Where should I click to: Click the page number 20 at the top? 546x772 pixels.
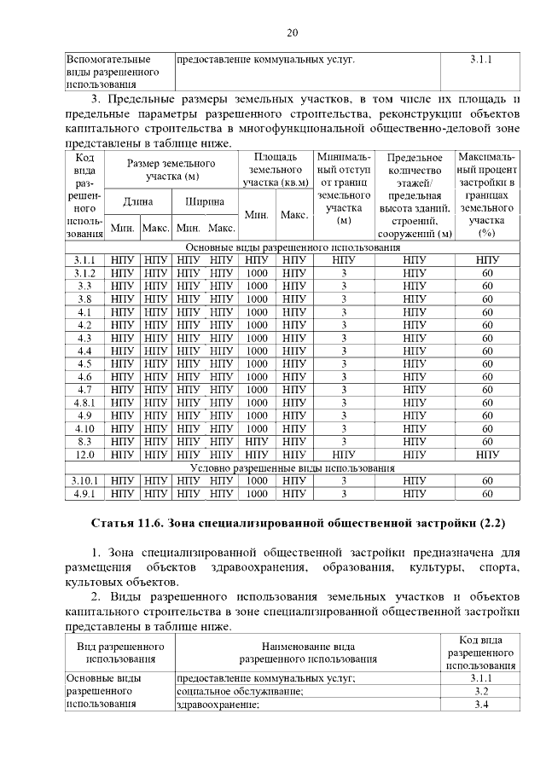point(292,33)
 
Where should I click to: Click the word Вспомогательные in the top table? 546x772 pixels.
point(108,60)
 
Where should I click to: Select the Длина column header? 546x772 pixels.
point(138,202)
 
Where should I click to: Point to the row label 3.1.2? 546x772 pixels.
point(84,273)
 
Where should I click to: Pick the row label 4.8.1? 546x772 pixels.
point(84,403)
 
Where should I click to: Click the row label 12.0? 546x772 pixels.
point(84,455)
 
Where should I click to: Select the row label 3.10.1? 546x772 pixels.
point(84,481)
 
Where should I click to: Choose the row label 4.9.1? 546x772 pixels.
point(84,494)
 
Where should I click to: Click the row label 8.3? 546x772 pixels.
point(84,442)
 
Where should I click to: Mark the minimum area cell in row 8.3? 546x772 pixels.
point(257,442)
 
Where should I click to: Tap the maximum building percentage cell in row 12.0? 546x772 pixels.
point(487,455)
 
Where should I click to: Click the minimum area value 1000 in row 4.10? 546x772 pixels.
point(257,428)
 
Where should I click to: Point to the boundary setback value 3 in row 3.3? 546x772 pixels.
point(344,286)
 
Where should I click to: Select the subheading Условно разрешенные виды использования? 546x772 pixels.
point(292,468)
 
